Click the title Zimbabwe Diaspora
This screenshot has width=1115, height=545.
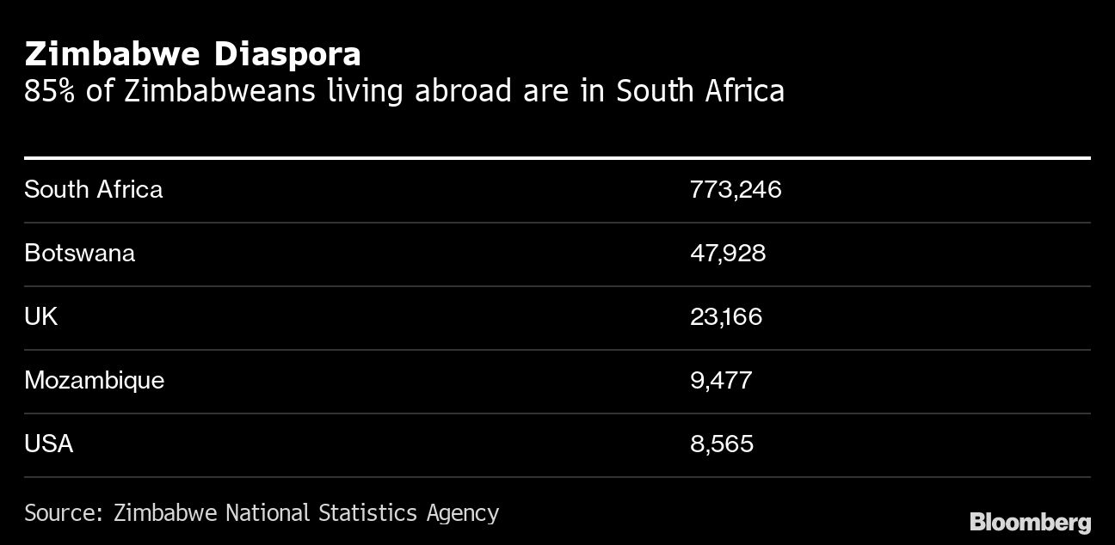[193, 55]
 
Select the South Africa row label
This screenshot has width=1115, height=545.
[93, 189]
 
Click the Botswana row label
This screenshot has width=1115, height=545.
[79, 253]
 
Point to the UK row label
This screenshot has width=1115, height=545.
[40, 316]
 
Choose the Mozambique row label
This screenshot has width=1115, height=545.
[94, 380]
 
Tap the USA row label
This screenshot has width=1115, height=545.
[48, 444]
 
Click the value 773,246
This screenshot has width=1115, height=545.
[736, 189]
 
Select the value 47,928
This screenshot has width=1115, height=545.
[728, 253]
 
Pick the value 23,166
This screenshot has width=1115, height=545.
[726, 316]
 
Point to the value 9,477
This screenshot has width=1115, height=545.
[721, 380]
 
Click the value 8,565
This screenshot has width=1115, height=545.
[722, 444]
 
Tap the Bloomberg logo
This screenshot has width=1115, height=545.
[1030, 522]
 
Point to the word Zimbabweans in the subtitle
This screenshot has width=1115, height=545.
[219, 90]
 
